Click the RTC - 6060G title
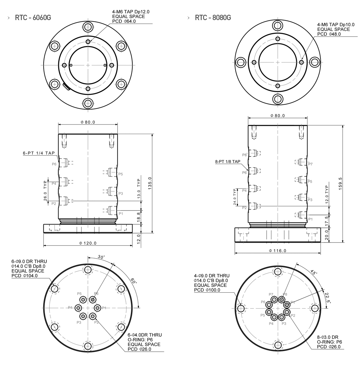(33, 18)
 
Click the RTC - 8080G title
(213, 18)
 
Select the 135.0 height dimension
(150, 183)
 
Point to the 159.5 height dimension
(341, 184)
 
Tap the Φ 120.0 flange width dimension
(88, 243)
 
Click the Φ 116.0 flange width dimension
(277, 251)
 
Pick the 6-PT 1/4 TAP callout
(39, 153)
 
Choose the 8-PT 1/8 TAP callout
(228, 162)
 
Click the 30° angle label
(101, 257)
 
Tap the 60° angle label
(134, 281)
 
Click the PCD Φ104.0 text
(25, 276)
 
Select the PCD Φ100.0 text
(207, 290)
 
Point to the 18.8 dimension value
(139, 217)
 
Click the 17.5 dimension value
(327, 221)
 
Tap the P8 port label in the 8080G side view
(244, 155)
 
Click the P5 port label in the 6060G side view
(121, 174)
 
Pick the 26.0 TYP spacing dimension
(45, 190)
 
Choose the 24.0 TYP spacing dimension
(235, 197)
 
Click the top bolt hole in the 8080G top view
(277, 25)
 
